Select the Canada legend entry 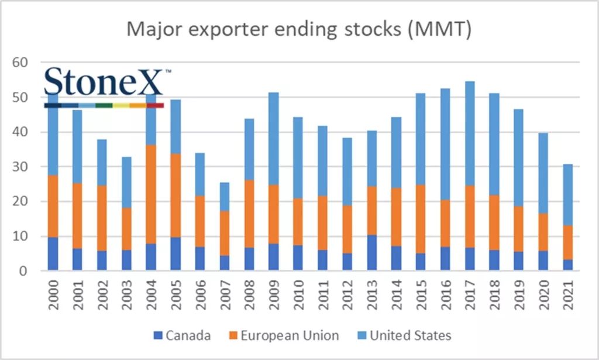pyautogui.click(x=182, y=335)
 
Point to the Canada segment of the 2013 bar pyautogui.click(x=371, y=252)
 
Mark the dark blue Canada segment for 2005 pyautogui.click(x=175, y=253)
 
